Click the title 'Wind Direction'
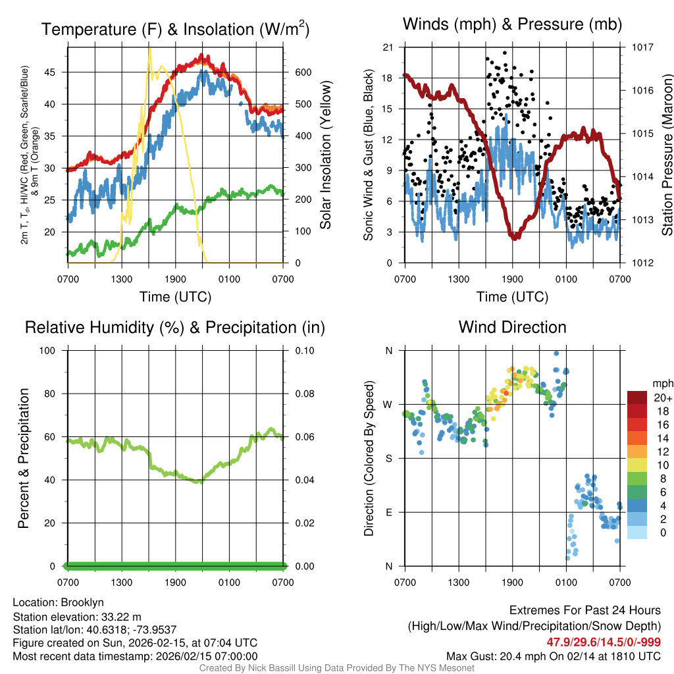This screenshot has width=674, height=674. [512, 327]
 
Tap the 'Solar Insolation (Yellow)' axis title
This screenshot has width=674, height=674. [326, 155]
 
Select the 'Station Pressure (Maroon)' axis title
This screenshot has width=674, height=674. [667, 155]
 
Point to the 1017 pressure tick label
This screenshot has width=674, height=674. [642, 47]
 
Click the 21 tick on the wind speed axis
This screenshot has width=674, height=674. [388, 47]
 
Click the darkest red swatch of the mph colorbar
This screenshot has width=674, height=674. [637, 398]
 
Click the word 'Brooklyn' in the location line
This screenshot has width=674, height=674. [82, 602]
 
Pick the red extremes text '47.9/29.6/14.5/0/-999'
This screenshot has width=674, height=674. [604, 642]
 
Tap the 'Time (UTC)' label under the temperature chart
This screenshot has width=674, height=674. [175, 297]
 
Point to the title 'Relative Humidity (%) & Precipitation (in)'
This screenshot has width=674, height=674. [175, 327]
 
